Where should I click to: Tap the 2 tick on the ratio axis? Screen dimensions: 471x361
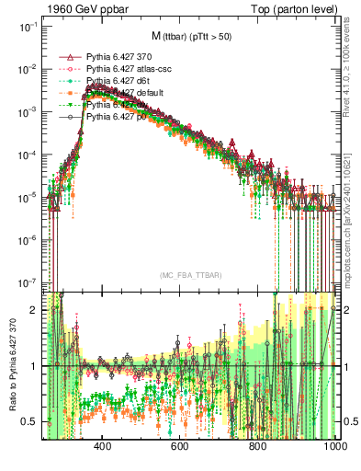pos(35,310)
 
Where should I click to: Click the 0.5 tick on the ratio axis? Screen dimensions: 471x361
pos(30,421)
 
